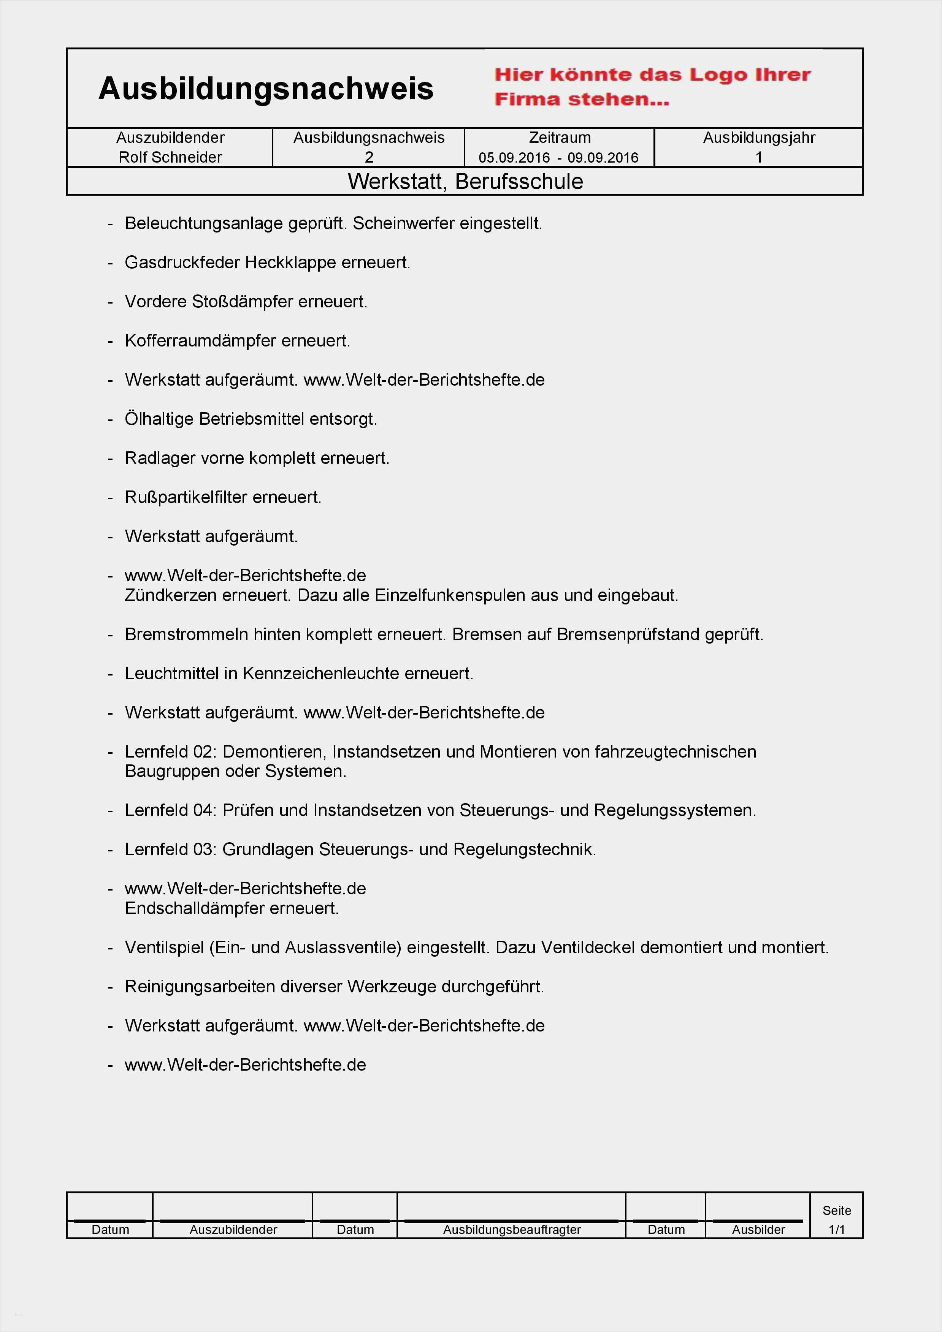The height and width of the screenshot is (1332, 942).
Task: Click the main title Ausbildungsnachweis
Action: [x=266, y=89]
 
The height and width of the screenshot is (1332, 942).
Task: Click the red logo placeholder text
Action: [x=652, y=87]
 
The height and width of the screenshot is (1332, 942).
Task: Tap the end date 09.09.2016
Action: [x=603, y=158]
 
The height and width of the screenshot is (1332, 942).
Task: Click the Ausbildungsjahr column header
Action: [x=759, y=138]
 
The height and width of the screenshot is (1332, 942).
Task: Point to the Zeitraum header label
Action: [x=560, y=138]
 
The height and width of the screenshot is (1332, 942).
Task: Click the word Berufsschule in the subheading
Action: [x=519, y=182]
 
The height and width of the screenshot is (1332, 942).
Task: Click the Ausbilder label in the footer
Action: [x=758, y=1229]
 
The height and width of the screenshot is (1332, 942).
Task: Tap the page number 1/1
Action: [x=836, y=1229]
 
